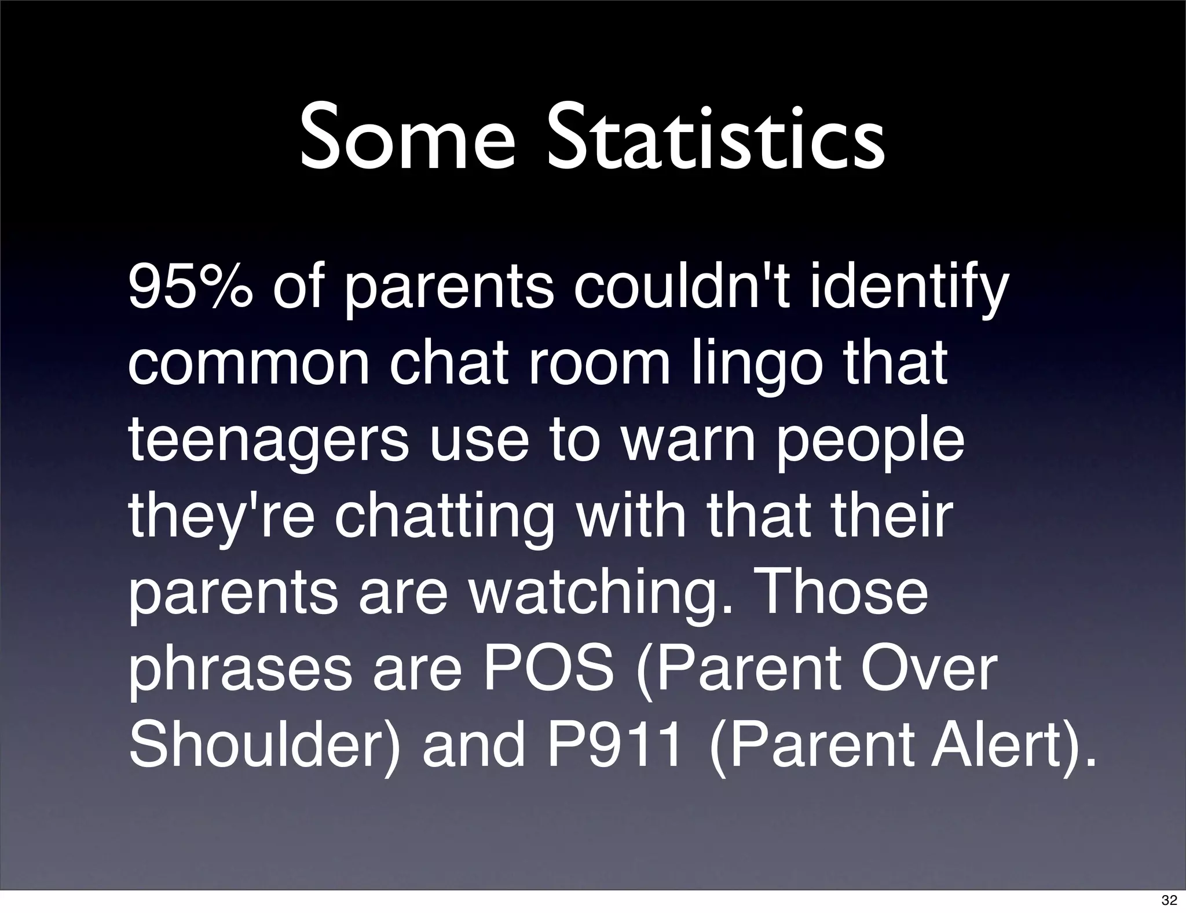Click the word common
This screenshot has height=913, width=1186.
pyautogui.click(x=248, y=364)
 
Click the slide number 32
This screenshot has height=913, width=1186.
pyautogui.click(x=1169, y=900)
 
